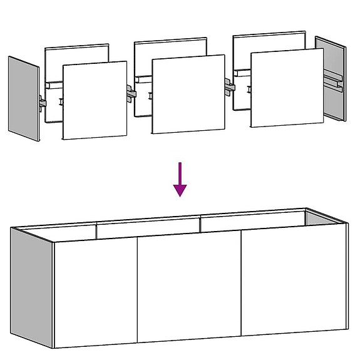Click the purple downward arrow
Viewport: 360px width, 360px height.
pyautogui.click(x=180, y=178)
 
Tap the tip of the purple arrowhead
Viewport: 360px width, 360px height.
pyautogui.click(x=180, y=196)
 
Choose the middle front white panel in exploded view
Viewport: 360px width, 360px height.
pyautogui.click(x=188, y=95)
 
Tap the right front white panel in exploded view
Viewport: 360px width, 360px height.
pyautogui.click(x=286, y=88)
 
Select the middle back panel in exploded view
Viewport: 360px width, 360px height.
pyautogui.click(x=170, y=50)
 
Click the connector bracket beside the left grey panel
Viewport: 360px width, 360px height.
pyautogui.click(x=43, y=102)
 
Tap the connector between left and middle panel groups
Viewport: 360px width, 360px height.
pyautogui.click(x=131, y=93)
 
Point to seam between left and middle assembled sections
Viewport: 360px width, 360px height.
pyautogui.click(x=137, y=291)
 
